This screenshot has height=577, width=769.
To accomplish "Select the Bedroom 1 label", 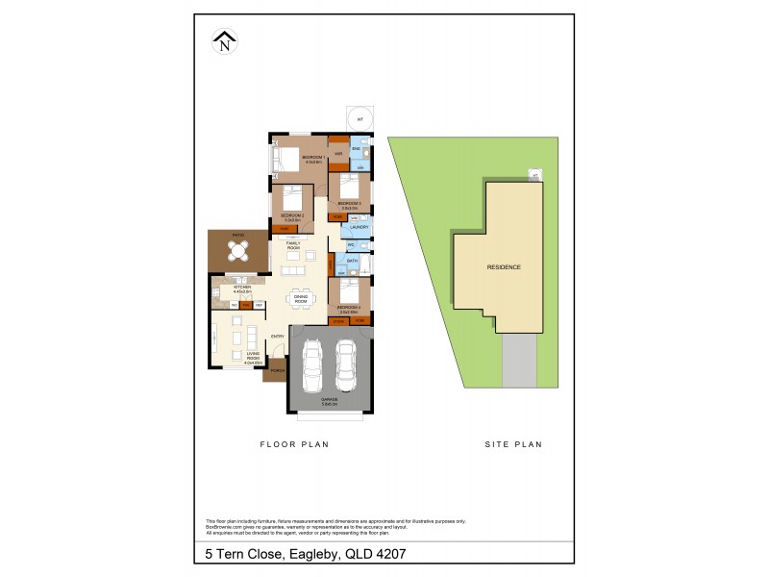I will [313, 159].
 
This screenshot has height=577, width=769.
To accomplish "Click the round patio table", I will [237, 251].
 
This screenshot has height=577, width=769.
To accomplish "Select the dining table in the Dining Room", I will [300, 298].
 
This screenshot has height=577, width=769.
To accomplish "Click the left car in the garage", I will [311, 367].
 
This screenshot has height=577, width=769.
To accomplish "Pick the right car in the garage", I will [346, 366].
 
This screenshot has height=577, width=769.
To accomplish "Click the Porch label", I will [276, 371].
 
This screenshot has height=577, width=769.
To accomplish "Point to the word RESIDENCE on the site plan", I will [504, 266].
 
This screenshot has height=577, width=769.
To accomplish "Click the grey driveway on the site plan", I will [519, 361].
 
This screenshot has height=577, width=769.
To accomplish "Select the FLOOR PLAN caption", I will [295, 444].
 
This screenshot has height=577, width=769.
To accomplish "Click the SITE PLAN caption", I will [512, 444].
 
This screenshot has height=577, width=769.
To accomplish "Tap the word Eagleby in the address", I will [309, 555].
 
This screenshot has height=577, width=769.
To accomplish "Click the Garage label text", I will [329, 401].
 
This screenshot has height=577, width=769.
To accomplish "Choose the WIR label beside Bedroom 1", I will [339, 155].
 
